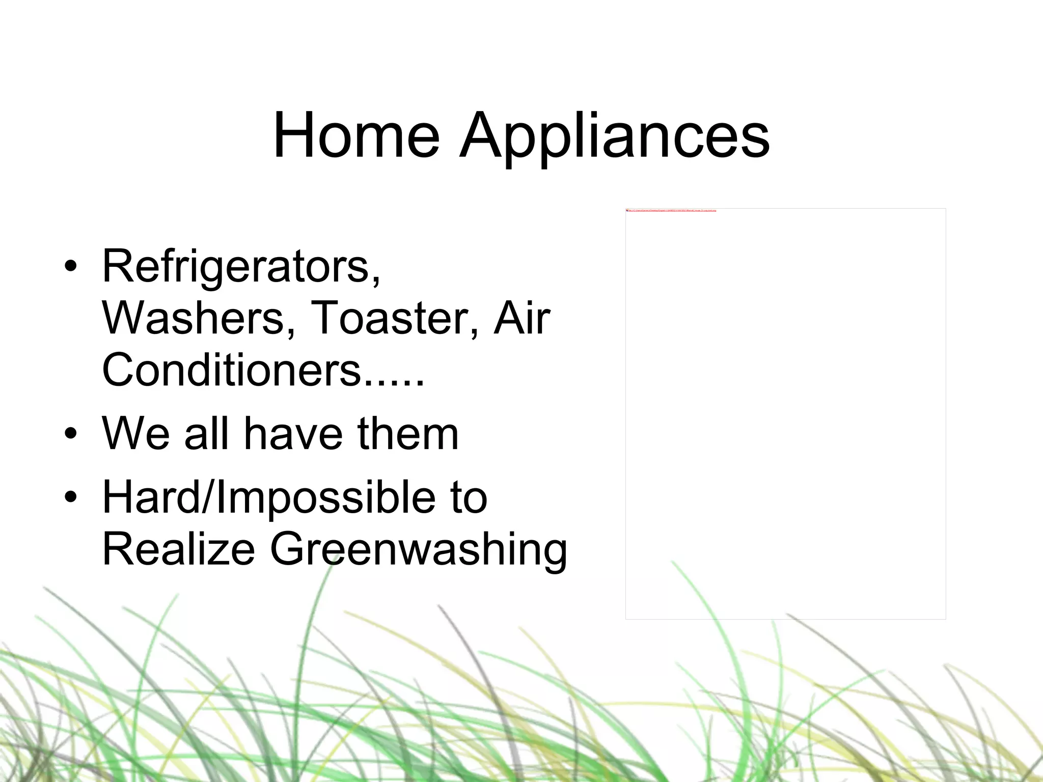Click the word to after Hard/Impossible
click(469, 498)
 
